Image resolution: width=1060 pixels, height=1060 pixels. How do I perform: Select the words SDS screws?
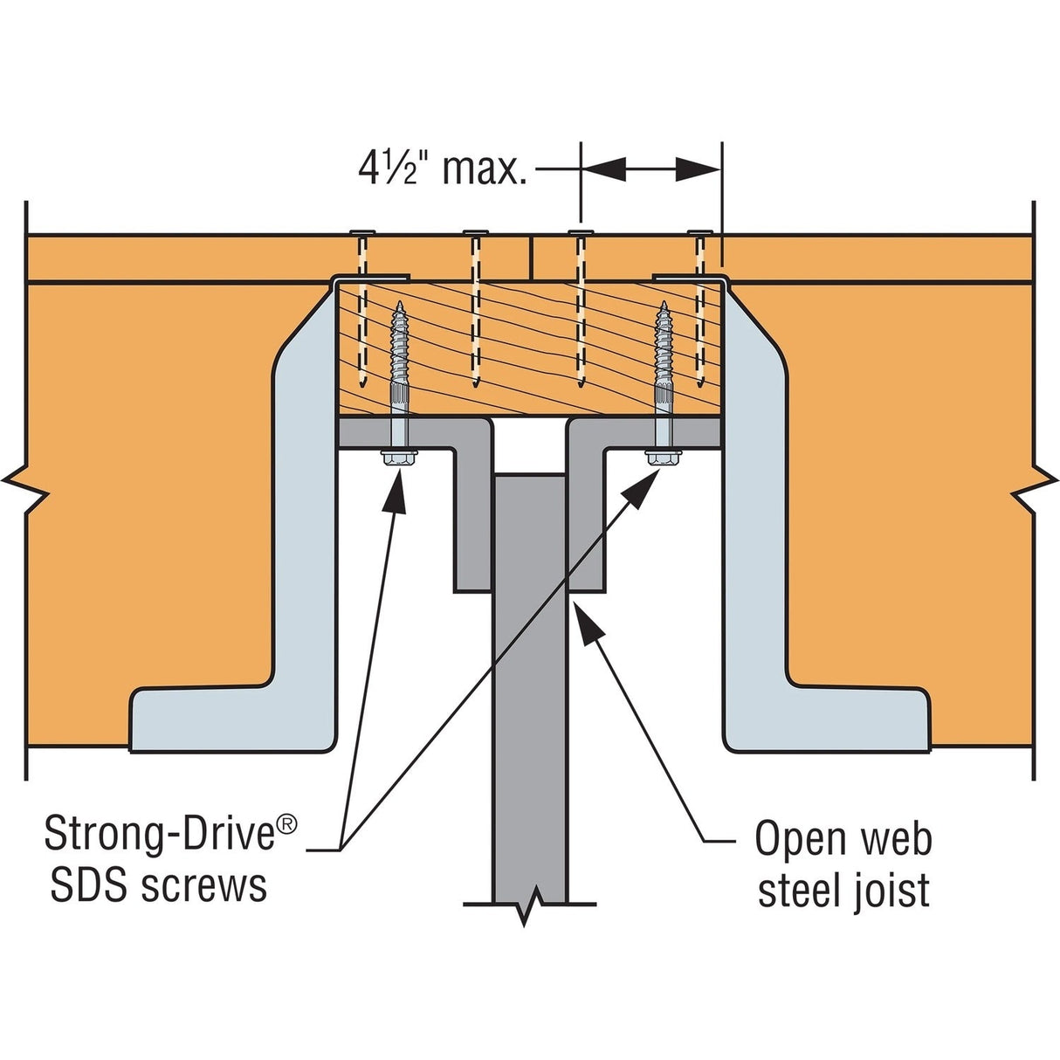[x=159, y=885]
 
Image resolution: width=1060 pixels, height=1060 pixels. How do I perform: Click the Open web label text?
[x=843, y=839]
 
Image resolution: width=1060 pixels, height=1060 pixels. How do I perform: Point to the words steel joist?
[x=843, y=891]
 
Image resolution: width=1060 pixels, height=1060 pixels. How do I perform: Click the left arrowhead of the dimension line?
[x=603, y=169]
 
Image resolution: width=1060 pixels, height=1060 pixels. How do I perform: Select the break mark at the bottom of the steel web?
[x=530, y=909]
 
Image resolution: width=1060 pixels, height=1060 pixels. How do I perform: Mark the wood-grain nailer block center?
[x=529, y=348]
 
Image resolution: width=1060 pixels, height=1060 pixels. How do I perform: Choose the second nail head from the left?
[x=475, y=232]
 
